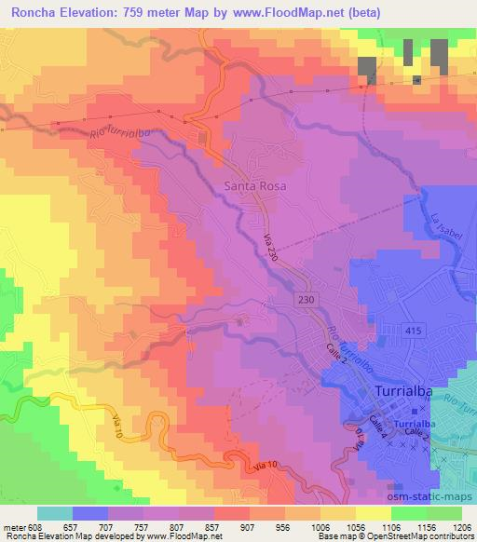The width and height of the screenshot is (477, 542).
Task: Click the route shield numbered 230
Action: click(x=307, y=299)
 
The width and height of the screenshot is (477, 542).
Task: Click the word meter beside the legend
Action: click(x=13, y=526)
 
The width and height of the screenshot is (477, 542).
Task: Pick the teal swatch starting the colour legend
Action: click(x=54, y=513)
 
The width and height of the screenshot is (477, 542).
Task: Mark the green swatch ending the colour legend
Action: click(x=443, y=513)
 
